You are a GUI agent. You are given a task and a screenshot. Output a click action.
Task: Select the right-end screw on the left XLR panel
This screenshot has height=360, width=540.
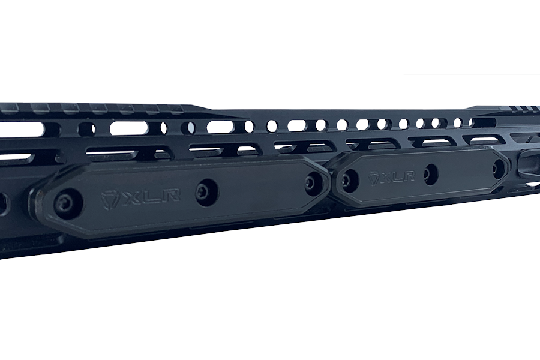tap(311, 182)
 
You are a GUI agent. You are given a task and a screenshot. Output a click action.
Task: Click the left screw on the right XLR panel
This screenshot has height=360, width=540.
tap(349, 178)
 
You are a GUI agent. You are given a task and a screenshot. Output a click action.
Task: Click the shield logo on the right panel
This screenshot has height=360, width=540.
tap(373, 178)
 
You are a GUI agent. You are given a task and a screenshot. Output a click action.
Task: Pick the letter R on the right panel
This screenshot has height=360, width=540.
tap(409, 177)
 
